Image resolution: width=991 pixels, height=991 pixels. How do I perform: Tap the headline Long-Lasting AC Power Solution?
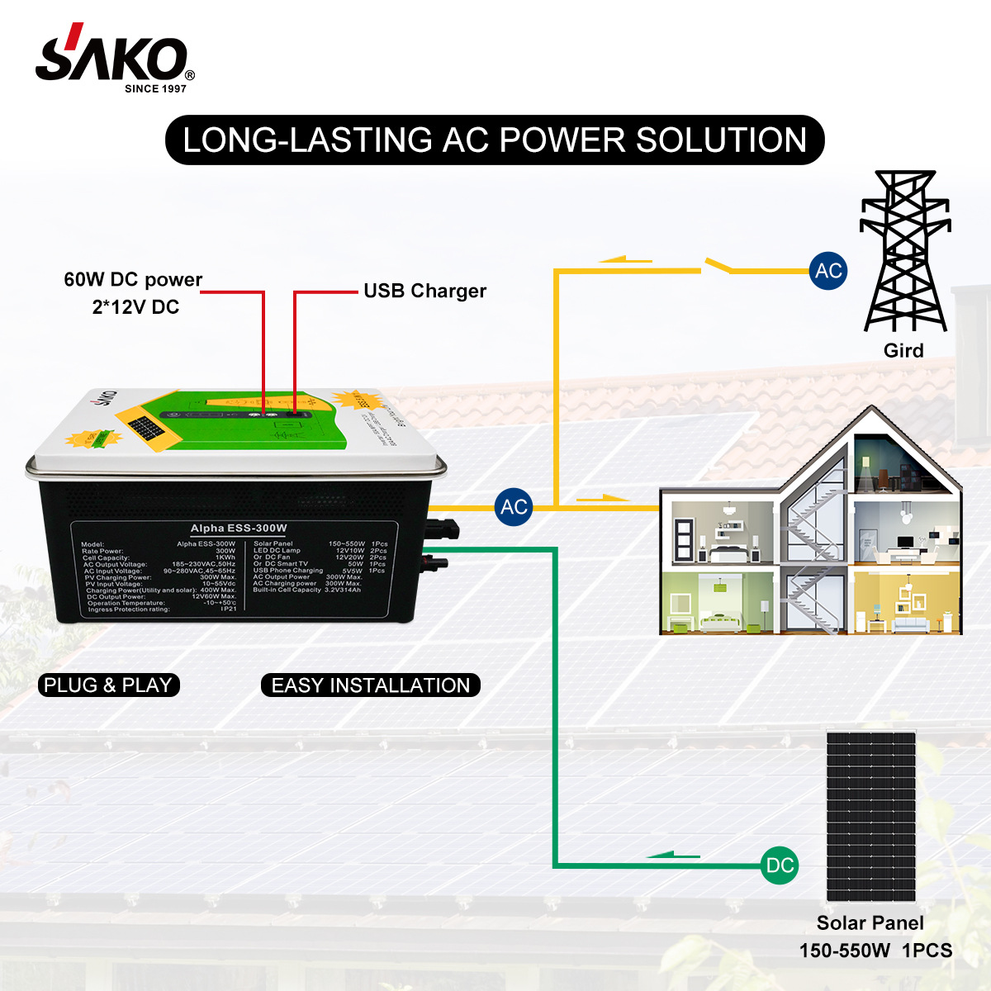pos(495,140)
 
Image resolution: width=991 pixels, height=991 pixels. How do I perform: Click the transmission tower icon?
pos(904,251)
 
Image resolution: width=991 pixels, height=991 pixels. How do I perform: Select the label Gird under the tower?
pos(903,350)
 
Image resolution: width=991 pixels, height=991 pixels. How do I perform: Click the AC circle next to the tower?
pos(828,271)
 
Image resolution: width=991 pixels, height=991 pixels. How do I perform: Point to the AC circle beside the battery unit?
pos(514,506)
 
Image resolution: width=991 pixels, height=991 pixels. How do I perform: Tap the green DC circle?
pos(780,865)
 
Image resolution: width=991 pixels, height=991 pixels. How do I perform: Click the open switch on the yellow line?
pos(717,265)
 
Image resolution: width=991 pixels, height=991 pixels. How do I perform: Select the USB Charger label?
pos(424,291)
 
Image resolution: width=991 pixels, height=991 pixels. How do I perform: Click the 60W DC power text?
pos(133,280)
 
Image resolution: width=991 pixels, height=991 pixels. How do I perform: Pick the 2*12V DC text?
pos(135,307)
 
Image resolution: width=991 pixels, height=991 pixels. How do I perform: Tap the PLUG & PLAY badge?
pos(108,685)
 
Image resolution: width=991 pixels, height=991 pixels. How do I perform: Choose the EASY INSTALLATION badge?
pos(371,685)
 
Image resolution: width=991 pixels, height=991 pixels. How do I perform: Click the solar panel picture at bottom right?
pos(870,816)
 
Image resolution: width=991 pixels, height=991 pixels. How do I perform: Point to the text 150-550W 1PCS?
pos(875,951)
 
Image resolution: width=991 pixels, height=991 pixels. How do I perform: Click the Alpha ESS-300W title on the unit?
pos(239,529)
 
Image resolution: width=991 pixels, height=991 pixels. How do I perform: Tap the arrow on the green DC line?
pos(673,856)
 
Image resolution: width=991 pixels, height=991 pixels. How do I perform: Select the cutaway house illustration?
pos(812,529)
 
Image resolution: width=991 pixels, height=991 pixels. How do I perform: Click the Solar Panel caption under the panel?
pos(870,923)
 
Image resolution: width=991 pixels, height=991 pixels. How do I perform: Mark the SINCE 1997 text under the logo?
pos(155,88)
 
